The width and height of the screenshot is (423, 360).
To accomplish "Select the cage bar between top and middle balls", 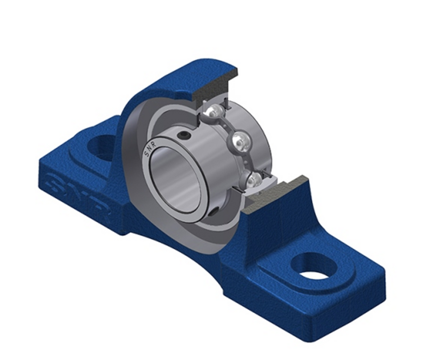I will click(227, 125).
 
